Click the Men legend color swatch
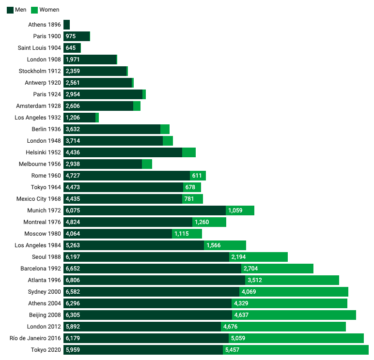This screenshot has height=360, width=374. (10, 10)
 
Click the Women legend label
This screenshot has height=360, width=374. (49, 10)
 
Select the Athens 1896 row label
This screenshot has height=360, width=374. (45, 25)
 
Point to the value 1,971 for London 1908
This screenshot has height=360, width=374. (73, 60)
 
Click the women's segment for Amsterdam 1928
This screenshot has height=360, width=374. (137, 106)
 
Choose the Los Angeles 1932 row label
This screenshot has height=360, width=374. (38, 118)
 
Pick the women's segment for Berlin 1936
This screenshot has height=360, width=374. (165, 129)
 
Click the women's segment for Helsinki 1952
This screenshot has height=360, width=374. (189, 152)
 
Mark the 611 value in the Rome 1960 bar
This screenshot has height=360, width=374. (197, 176)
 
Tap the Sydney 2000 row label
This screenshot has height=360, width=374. (45, 292)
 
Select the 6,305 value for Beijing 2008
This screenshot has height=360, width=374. (73, 315)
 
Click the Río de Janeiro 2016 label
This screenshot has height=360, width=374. (35, 338)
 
